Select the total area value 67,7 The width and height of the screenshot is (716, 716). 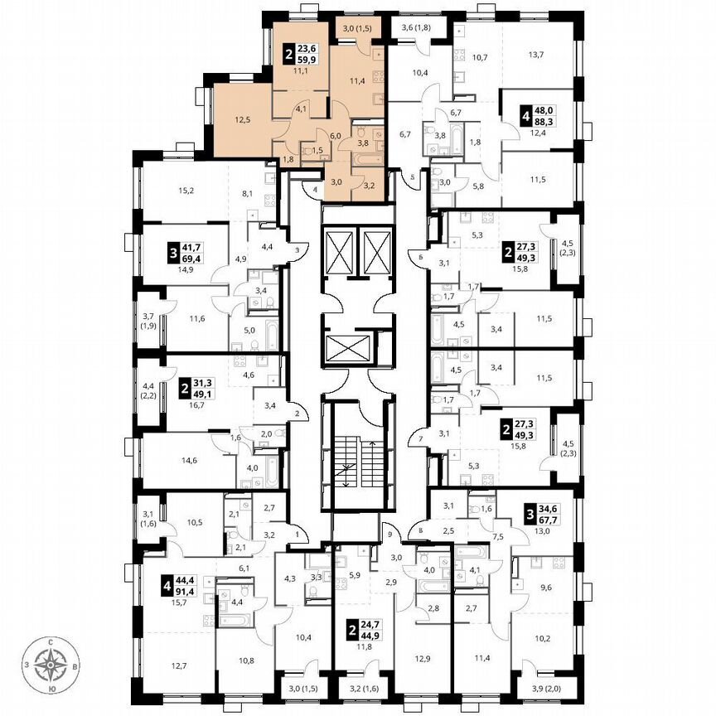tap(544, 521)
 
